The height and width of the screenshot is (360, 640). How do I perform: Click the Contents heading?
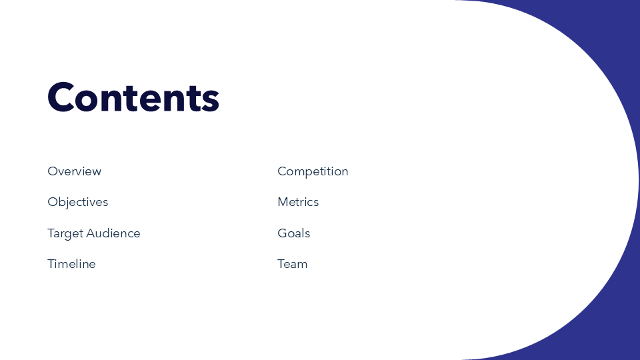133,97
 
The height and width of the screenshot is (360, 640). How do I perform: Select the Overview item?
74,171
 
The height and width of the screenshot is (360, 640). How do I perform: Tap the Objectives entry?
77,203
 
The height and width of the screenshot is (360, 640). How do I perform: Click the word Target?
65,234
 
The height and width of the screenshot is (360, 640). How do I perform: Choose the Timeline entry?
71,264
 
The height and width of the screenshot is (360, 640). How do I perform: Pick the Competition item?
313,172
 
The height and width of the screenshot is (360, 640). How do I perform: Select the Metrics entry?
298,202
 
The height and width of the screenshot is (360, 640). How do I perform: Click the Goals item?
294,233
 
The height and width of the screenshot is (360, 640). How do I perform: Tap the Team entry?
292,264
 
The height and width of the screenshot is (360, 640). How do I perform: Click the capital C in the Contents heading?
61,97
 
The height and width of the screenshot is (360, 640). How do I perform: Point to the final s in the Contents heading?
211,101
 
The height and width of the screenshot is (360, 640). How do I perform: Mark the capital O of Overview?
53,171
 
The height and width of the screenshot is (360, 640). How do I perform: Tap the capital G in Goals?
283,233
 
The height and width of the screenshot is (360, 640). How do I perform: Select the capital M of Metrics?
283,202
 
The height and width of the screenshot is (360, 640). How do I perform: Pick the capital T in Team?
281,264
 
